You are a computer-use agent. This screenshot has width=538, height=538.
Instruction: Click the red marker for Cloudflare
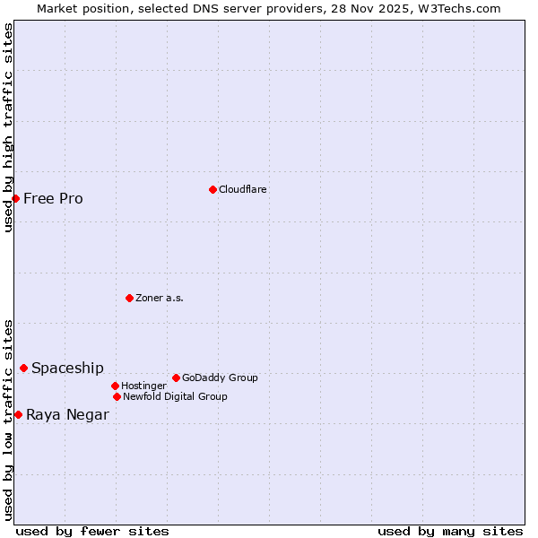click(213, 189)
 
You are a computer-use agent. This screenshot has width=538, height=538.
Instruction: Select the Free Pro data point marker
click(16, 198)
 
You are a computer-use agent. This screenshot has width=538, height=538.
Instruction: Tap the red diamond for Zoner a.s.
click(129, 298)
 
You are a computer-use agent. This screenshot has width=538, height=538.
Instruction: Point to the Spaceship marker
click(24, 368)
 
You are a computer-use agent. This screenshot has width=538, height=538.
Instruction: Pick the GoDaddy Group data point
click(176, 377)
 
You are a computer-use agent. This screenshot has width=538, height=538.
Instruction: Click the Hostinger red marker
click(115, 386)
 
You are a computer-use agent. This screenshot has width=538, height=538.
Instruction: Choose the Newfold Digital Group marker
click(117, 396)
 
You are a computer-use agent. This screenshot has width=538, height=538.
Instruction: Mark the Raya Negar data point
click(18, 414)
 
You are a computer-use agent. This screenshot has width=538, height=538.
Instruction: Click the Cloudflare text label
click(243, 189)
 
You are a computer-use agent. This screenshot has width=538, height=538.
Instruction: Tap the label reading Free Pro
click(53, 198)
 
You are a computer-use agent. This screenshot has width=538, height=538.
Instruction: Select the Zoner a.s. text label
click(160, 298)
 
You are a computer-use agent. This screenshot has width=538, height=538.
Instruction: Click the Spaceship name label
click(67, 368)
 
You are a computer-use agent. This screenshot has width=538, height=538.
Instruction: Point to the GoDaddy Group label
click(220, 377)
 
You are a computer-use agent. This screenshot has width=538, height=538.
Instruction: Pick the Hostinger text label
click(143, 386)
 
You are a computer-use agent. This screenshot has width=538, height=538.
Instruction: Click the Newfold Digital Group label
click(175, 396)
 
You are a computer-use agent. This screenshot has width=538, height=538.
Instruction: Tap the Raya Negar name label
click(67, 414)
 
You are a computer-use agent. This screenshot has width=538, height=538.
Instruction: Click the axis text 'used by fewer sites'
click(92, 531)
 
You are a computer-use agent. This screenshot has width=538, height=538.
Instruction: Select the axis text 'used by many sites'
click(450, 531)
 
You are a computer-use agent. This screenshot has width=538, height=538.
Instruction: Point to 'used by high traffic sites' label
click(8, 127)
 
